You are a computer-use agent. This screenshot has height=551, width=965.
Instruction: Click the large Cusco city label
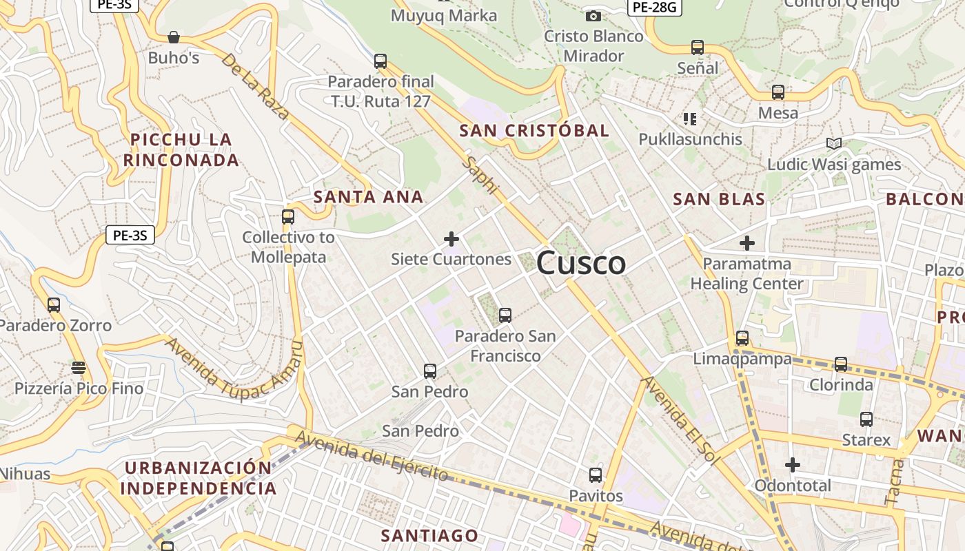(581, 263)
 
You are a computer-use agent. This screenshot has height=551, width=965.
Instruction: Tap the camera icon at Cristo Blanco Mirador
(593, 16)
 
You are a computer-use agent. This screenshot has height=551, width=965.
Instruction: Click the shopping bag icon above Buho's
(174, 37)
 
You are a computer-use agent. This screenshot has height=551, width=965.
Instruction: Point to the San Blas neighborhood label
(719, 199)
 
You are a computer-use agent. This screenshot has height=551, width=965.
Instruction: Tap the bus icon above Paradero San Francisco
(505, 315)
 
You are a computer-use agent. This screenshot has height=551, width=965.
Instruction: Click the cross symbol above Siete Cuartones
(451, 239)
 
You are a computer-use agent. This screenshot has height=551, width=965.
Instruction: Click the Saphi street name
(481, 175)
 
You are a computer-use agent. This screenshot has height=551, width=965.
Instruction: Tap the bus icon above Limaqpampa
(742, 338)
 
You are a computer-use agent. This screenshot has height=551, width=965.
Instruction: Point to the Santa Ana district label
(368, 196)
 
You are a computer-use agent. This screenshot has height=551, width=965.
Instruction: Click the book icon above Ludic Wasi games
(834, 144)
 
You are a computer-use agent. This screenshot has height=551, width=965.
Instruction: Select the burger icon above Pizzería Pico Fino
(79, 368)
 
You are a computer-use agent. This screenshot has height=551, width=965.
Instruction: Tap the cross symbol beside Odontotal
(793, 465)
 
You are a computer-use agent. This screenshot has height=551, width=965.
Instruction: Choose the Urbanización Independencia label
(199, 478)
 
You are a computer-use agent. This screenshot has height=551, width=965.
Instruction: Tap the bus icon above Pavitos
(596, 475)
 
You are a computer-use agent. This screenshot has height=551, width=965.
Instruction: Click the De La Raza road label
(255, 86)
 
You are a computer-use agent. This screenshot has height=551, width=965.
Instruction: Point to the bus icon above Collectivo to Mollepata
(288, 217)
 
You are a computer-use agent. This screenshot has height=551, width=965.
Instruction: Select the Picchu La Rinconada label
(181, 149)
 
